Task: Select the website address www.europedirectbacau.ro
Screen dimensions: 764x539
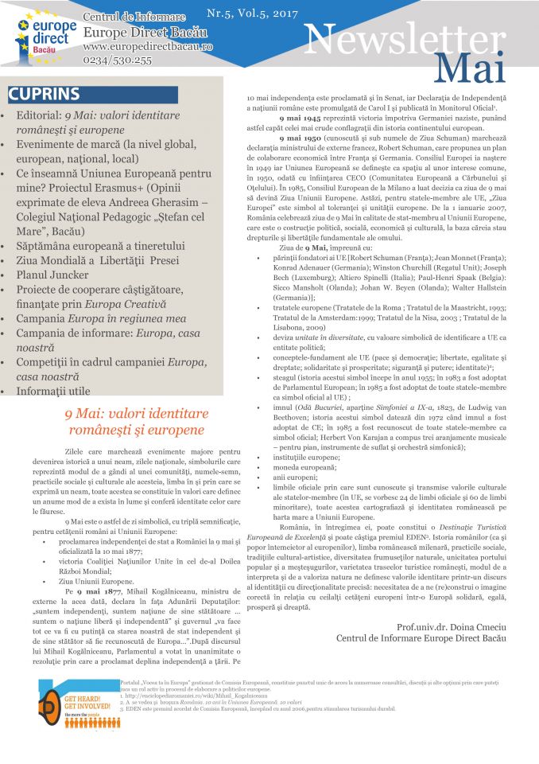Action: tap(147, 47)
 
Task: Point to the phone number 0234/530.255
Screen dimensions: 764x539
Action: tap(117, 60)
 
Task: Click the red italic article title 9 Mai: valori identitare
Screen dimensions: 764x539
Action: tap(136, 414)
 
